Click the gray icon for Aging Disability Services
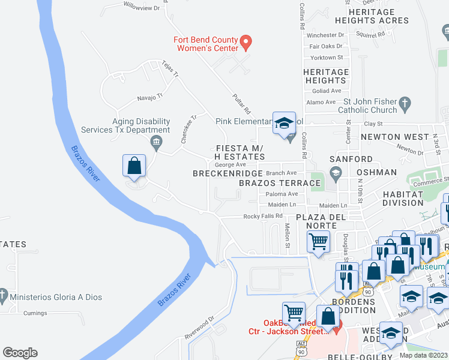[156, 142]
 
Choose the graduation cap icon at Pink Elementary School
[284, 123]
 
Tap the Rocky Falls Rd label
[262, 217]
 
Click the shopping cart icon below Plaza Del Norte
[318, 242]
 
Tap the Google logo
[20, 353]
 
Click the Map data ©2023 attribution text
[423, 355]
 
